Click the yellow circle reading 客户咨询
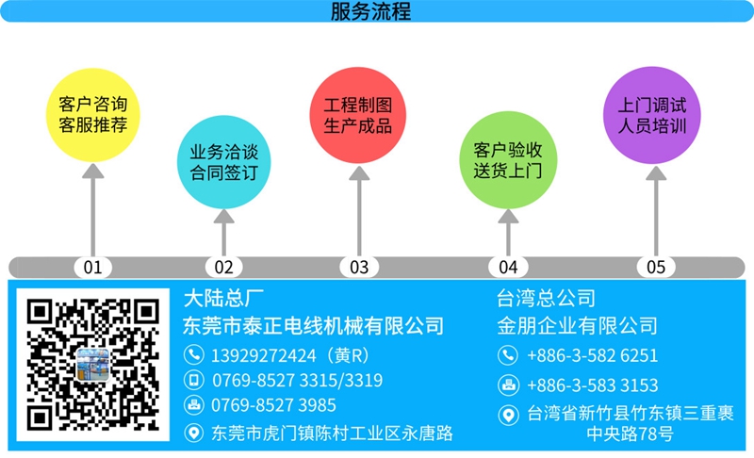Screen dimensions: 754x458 [92, 115]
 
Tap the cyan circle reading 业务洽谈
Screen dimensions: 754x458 [223, 162]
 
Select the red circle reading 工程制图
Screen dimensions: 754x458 [358, 115]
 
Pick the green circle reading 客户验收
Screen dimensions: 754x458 [508, 160]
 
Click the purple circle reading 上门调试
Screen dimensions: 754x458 [652, 115]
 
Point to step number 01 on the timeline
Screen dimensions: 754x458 [92, 268]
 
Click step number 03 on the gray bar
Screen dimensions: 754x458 [359, 268]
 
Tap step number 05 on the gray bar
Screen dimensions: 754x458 [656, 268]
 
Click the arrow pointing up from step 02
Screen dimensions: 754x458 [224, 233]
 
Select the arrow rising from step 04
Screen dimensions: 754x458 [508, 233]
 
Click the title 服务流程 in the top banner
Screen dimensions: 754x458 [370, 11]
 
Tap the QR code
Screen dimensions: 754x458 [92, 365]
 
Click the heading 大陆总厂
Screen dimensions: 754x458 [223, 299]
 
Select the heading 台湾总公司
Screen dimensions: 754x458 [546, 299]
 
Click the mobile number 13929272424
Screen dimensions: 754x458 [264, 355]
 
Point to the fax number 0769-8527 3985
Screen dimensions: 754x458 [273, 405]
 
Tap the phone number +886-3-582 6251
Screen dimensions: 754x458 [593, 355]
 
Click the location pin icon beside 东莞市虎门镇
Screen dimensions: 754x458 [194, 433]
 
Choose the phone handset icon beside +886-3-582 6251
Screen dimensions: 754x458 [508, 355]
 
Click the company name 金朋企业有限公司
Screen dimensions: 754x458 [577, 326]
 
